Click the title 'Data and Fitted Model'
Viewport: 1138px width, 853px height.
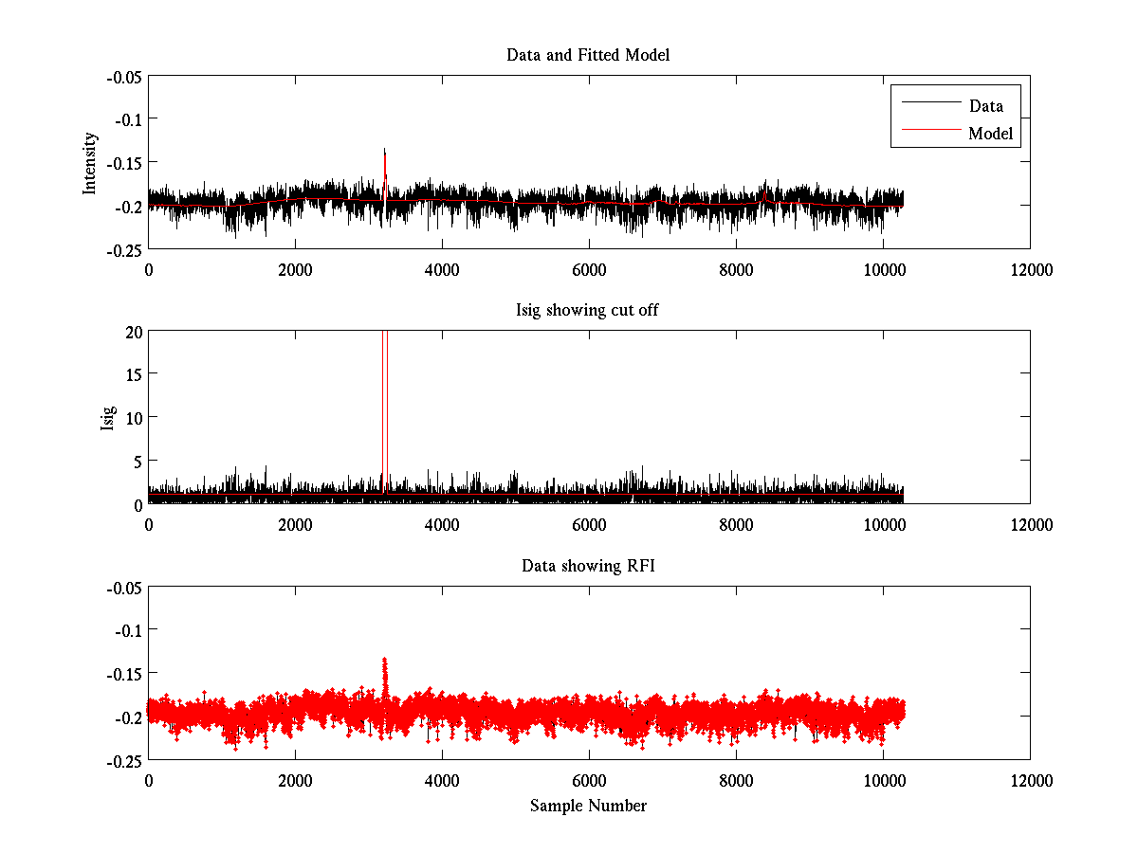(x=588, y=55)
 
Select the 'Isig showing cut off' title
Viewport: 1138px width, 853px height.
(x=588, y=311)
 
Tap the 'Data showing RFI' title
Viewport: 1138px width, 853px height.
(x=588, y=566)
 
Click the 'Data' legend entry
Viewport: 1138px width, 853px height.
(x=985, y=106)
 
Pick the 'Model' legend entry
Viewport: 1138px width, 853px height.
(x=990, y=134)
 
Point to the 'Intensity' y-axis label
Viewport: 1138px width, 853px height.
(x=90, y=162)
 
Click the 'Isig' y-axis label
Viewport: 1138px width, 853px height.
(x=107, y=417)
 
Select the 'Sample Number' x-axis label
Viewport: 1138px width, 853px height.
(x=588, y=806)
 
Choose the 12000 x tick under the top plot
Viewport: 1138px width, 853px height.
(x=1030, y=269)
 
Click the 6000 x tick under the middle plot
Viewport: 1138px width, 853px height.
(x=589, y=524)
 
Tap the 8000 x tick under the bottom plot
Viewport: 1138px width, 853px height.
(x=736, y=780)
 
